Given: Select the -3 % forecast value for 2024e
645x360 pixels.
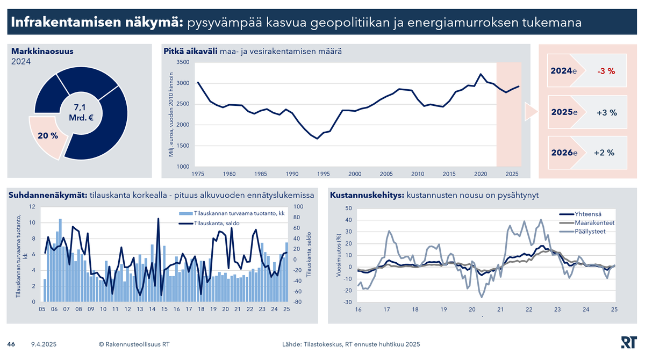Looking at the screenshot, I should pos(606,71).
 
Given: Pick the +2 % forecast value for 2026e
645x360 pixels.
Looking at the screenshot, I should pos(604,153).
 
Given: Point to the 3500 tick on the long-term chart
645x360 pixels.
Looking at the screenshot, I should pos(183,62).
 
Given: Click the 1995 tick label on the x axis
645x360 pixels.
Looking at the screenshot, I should pos(324,174).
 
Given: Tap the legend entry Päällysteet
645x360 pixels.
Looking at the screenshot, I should pos(590,231).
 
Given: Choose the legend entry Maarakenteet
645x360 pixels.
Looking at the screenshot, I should pos(594,222).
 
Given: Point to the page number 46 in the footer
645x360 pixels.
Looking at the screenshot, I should pos(11,344).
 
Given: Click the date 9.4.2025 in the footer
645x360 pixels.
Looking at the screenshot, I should pos(44,344).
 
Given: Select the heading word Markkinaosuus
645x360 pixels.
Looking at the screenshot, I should pos(42,52).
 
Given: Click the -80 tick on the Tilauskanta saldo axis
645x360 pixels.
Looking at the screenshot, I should pos(297,302).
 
